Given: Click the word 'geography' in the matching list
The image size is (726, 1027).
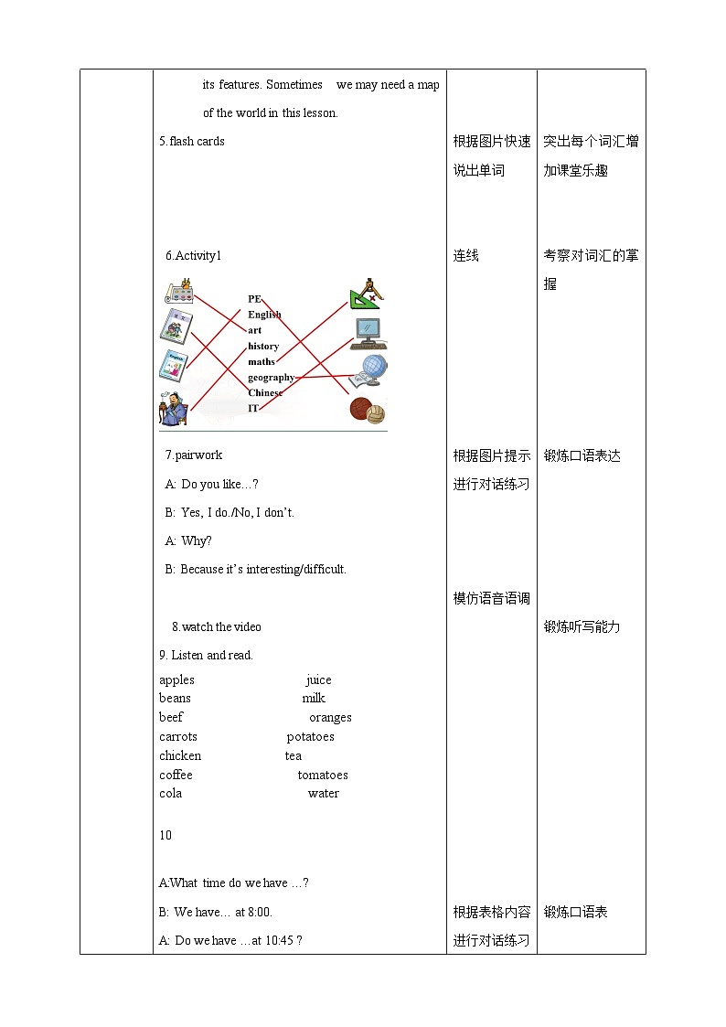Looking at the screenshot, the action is (x=271, y=377).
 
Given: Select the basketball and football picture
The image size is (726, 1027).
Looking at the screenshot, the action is (x=368, y=410).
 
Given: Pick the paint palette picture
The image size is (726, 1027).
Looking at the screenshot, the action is (x=181, y=292).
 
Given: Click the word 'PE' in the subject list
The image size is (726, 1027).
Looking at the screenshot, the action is (x=254, y=298).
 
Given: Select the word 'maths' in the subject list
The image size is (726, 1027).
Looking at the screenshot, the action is (x=261, y=361).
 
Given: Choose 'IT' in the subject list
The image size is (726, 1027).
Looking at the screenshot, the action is (x=253, y=408).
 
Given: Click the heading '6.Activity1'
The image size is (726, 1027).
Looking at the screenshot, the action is (x=193, y=255).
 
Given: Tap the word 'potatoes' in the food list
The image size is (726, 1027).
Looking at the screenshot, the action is (x=310, y=736).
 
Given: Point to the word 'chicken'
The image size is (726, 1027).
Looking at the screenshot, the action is (x=180, y=755).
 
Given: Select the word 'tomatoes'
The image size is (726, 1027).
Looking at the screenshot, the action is (x=323, y=775).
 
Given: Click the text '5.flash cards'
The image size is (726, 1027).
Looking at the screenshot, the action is (x=191, y=141).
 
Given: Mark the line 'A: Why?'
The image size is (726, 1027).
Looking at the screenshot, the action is (x=188, y=540).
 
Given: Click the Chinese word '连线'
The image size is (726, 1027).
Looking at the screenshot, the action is (x=465, y=255).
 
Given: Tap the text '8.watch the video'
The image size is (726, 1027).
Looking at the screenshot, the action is (x=216, y=626).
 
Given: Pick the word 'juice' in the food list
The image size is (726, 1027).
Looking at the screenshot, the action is (x=318, y=679).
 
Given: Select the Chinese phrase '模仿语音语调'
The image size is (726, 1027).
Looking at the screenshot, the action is (x=491, y=598).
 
